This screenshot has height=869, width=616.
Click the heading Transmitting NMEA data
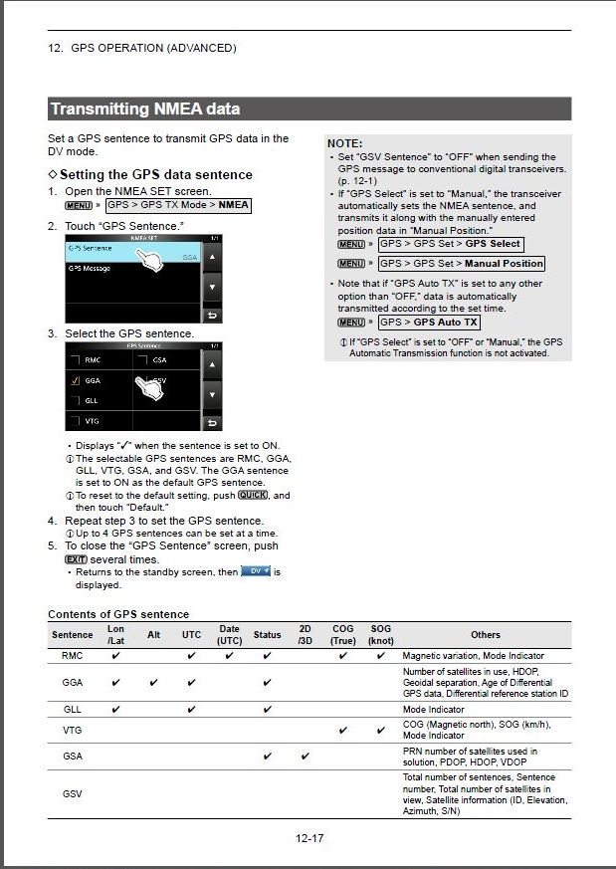click(145, 109)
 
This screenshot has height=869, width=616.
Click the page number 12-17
click(308, 837)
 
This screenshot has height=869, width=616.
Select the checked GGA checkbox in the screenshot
click(74, 380)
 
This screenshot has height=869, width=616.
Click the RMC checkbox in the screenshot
click(74, 359)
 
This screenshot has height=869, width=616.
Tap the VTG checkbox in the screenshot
click(74, 421)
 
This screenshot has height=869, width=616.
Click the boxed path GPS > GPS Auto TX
click(429, 323)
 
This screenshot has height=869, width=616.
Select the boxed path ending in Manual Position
click(462, 264)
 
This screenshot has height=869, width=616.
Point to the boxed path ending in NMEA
click(177, 205)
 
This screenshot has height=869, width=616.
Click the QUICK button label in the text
click(253, 495)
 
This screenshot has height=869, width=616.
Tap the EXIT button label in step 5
click(76, 559)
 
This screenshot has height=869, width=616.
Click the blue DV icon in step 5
click(256, 571)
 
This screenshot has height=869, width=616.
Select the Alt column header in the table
click(153, 634)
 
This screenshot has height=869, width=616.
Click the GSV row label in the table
click(73, 793)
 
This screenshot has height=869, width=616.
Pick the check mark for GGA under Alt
click(153, 683)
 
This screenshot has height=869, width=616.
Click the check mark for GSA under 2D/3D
click(305, 757)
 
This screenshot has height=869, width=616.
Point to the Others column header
click(485, 634)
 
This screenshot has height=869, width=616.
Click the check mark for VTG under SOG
click(380, 731)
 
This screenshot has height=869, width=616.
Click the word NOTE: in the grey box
click(344, 143)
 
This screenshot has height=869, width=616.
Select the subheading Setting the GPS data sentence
click(156, 174)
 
